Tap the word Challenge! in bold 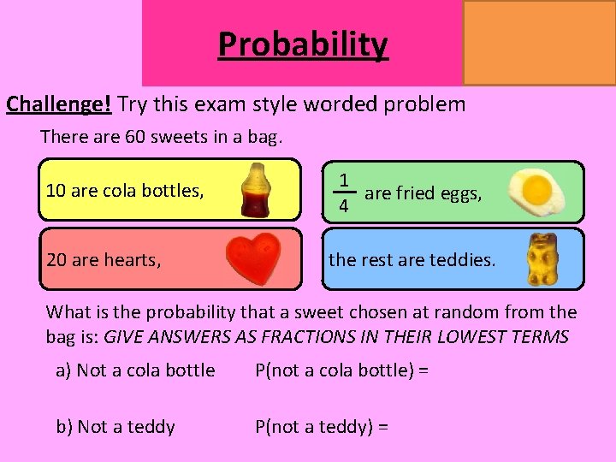(x=59, y=104)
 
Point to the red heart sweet (x=254, y=258)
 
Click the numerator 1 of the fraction (x=343, y=181)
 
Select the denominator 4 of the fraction (x=343, y=206)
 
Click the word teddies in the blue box (x=465, y=259)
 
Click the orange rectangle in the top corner (x=539, y=42)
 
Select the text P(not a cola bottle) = (x=342, y=370)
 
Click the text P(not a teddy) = (x=322, y=426)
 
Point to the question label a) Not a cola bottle (x=135, y=370)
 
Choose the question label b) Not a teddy (x=115, y=426)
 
